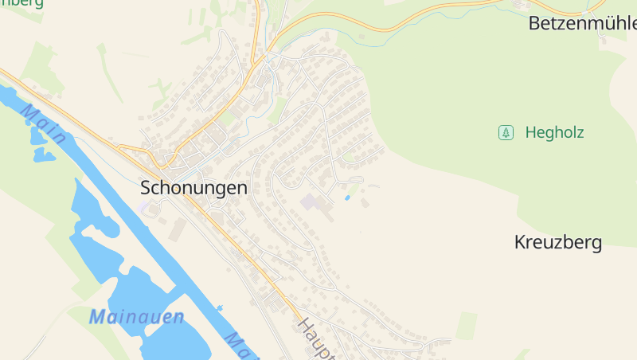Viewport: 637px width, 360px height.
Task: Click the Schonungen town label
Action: tap(193, 189)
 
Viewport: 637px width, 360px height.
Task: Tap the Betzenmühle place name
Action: tap(582, 24)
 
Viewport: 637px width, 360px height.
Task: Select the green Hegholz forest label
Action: tap(554, 133)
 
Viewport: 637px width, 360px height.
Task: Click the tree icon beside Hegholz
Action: tap(506, 133)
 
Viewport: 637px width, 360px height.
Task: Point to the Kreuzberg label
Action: tap(557, 242)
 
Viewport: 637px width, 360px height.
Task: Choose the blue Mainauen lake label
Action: tap(136, 317)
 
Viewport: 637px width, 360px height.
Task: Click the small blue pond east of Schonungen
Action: tap(347, 197)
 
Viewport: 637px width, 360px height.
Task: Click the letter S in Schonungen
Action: tap(146, 189)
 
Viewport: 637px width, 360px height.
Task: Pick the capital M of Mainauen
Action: tap(97, 317)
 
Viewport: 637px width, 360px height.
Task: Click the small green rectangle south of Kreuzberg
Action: tap(467, 325)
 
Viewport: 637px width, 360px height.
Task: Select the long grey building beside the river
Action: tap(178, 229)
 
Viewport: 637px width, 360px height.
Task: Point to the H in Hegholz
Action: tap(531, 133)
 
